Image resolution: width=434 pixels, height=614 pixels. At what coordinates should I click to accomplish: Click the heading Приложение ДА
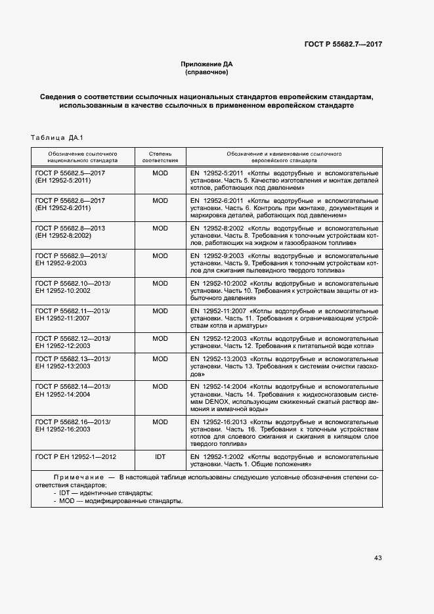click(x=207, y=64)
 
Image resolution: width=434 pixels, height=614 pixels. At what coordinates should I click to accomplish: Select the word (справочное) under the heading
click(x=207, y=72)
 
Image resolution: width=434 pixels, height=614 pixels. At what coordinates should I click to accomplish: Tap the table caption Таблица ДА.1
click(x=56, y=137)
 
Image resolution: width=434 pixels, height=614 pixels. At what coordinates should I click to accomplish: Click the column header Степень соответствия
click(x=160, y=156)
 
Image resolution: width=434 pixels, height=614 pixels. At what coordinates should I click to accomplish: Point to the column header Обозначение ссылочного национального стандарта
click(x=83, y=156)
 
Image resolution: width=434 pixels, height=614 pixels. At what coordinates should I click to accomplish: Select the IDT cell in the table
click(x=160, y=455)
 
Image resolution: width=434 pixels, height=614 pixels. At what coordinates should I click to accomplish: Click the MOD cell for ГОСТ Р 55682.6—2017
click(x=160, y=200)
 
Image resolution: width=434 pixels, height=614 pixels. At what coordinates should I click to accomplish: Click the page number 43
click(x=378, y=558)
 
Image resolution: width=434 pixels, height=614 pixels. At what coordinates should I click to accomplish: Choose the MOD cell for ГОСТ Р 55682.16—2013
click(x=160, y=422)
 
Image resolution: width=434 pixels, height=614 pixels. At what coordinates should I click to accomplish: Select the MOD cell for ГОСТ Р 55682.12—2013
click(x=160, y=338)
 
